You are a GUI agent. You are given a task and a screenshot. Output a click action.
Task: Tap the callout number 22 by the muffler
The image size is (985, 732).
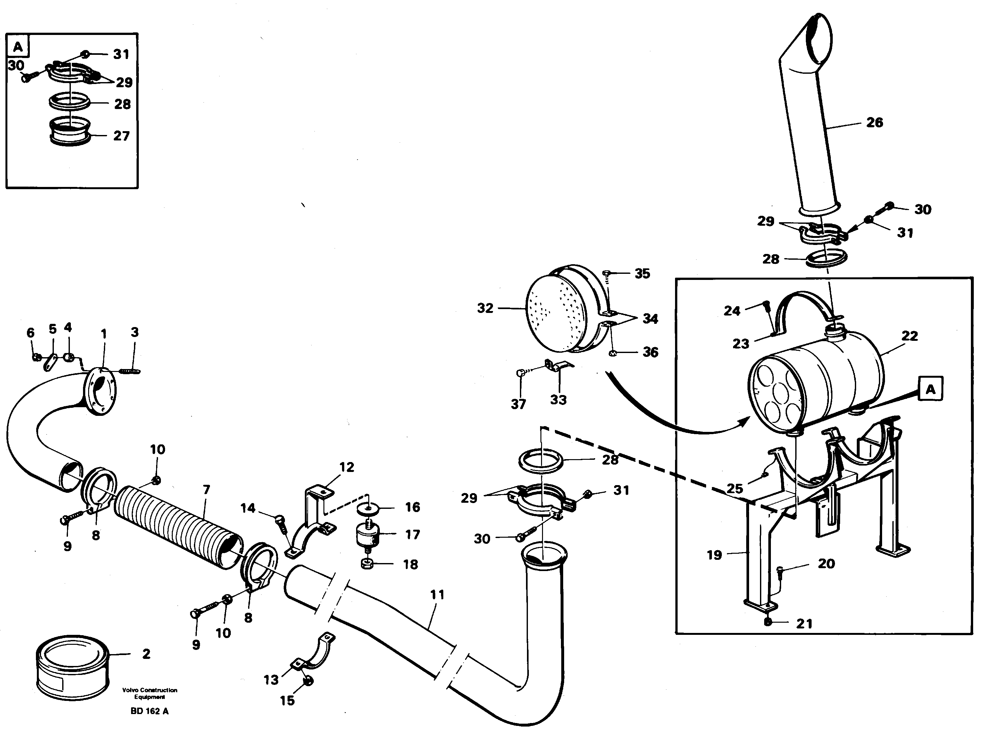pos(909,336)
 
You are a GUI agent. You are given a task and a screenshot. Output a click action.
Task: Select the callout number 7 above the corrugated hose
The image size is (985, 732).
pos(206,490)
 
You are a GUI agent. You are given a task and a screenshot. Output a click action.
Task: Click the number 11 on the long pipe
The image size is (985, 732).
pos(437,595)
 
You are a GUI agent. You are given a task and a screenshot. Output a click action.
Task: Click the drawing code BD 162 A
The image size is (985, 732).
pos(149,711)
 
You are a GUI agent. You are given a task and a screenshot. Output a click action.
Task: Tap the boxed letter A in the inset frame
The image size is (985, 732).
pos(18,46)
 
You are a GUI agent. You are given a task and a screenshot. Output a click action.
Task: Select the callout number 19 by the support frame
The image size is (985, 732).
pos(714,555)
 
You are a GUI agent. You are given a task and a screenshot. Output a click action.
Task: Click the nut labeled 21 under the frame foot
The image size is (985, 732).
pos(768,623)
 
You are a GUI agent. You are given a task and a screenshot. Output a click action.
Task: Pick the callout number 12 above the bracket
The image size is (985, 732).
pos(346,467)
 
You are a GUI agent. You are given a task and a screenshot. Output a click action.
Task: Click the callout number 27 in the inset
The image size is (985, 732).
pos(121,136)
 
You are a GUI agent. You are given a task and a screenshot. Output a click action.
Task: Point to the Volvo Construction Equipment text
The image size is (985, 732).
pos(149,694)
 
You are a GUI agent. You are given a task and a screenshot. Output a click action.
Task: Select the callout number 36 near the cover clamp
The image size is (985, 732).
pos(650,352)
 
